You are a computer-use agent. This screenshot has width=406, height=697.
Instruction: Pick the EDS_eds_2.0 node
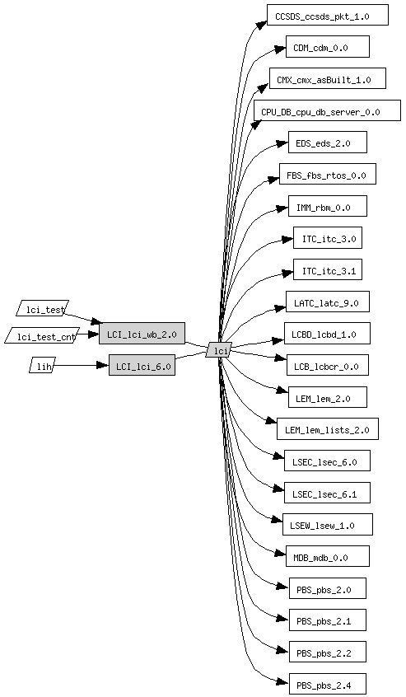(328, 143)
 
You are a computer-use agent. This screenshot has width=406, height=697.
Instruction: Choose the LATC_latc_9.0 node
(328, 302)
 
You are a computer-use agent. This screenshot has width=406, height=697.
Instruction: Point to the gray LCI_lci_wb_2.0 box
(142, 334)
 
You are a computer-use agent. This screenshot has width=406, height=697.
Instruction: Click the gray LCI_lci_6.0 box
(142, 365)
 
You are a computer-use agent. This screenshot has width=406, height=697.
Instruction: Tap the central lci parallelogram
(218, 351)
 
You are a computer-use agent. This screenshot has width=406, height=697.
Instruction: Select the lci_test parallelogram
(43, 308)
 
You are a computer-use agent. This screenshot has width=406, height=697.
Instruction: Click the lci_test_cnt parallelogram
(43, 335)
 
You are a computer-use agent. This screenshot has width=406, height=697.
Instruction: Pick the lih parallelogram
(43, 365)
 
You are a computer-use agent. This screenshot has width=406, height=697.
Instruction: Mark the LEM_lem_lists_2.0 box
(328, 429)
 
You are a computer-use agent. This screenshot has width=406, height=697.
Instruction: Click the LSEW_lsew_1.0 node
(328, 525)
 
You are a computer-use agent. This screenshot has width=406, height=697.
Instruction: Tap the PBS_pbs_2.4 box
(328, 684)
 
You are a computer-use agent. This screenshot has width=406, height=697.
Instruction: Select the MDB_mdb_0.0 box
(328, 556)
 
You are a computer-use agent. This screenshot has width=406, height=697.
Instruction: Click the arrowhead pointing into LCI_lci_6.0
(103, 365)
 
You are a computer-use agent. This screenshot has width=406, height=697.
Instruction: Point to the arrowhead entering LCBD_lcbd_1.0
(278, 340)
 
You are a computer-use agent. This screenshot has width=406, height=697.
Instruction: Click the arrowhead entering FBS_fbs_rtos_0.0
(274, 178)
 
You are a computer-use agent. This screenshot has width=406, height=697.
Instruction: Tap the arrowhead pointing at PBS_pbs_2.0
(283, 587)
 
